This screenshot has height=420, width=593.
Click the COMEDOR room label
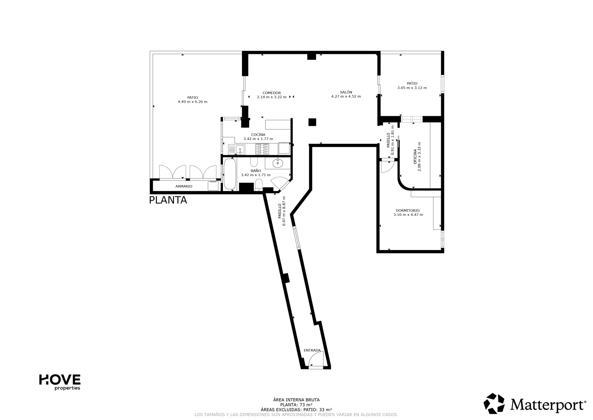pos(271,93)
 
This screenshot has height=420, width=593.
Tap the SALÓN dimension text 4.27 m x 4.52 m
pos(346,96)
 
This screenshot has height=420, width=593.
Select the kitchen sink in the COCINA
pos(237,149)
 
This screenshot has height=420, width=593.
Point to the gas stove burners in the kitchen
pos(262,149)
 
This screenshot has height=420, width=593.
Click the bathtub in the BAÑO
pos(230,174)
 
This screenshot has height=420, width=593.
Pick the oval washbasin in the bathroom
pos(278,163)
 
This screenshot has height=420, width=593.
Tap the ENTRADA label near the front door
pos(312,350)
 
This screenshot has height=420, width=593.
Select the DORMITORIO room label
pos(408,210)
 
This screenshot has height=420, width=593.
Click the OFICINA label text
pos(415,156)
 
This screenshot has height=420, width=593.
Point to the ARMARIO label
pos(184,186)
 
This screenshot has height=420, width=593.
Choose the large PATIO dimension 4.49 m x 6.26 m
pos(193,102)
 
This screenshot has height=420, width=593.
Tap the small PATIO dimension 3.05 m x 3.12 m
pos(412,88)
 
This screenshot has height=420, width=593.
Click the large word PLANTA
pos(168,200)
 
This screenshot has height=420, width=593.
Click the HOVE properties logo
pos(59,382)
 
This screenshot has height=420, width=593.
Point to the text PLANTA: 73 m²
pos(296,405)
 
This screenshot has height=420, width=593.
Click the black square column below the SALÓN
pos(312,122)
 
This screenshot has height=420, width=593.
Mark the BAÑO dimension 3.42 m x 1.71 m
pos(256,175)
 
